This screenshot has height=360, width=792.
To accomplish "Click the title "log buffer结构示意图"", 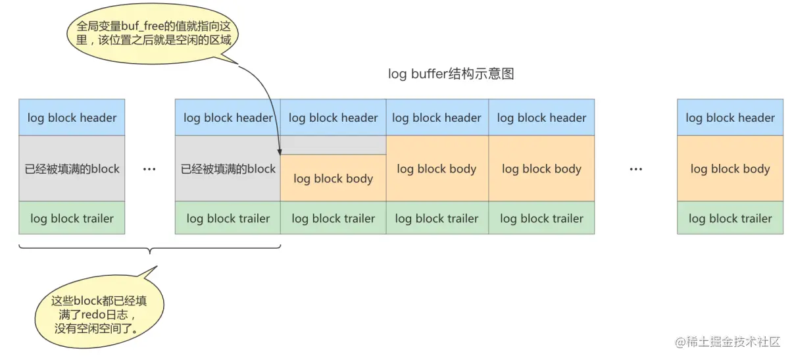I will click(451, 74).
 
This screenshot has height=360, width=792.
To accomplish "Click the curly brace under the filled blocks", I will click(150, 249).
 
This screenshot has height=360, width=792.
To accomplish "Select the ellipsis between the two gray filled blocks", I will click(149, 169).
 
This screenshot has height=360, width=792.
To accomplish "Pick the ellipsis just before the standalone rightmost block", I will click(635, 169).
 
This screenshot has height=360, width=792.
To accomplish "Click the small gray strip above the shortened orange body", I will click(333, 145).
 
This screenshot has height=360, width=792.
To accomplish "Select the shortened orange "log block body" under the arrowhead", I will click(333, 178).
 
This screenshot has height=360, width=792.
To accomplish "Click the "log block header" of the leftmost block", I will click(72, 118).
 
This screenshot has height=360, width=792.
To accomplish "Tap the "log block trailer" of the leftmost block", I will click(72, 219).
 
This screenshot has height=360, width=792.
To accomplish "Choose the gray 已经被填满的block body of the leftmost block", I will click(72, 168).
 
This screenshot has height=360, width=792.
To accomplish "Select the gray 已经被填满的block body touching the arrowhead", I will click(228, 168).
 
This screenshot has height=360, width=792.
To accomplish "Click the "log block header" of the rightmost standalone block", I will click(730, 118).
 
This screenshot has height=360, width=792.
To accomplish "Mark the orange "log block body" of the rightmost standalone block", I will click(730, 168).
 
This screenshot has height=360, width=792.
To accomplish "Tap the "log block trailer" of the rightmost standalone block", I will click(730, 219).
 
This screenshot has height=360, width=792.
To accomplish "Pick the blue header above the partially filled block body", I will click(333, 118).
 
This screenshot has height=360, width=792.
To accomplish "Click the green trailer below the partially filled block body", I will click(333, 219).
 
